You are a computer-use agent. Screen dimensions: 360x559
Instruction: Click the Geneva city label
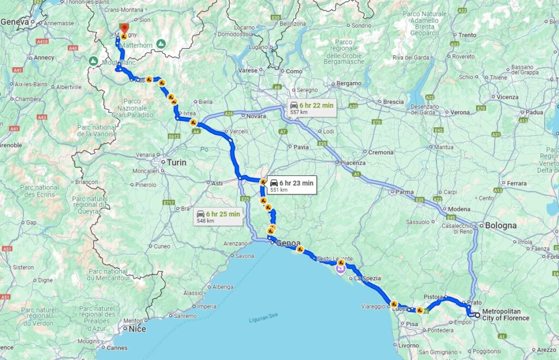tap(15, 22)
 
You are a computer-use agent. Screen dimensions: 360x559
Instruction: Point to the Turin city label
tap(177, 162)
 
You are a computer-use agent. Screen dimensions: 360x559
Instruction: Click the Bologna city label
tap(501, 225)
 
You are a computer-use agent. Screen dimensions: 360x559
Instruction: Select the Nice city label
tap(137, 329)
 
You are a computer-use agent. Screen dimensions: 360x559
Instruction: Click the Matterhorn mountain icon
tap(161, 43)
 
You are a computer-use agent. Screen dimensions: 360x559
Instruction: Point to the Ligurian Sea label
tap(264, 320)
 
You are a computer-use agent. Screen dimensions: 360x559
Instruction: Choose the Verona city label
tap(460, 112)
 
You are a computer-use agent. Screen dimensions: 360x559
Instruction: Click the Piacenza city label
tap(353, 163)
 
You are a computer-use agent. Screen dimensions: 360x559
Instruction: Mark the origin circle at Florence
tap(477, 315)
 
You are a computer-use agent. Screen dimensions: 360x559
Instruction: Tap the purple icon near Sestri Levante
tap(341, 268)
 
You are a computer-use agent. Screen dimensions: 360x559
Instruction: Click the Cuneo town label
tap(162, 246)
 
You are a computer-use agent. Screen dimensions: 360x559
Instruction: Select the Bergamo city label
tap(349, 83)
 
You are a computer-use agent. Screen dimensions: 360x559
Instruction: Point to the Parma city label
tap(405, 192)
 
